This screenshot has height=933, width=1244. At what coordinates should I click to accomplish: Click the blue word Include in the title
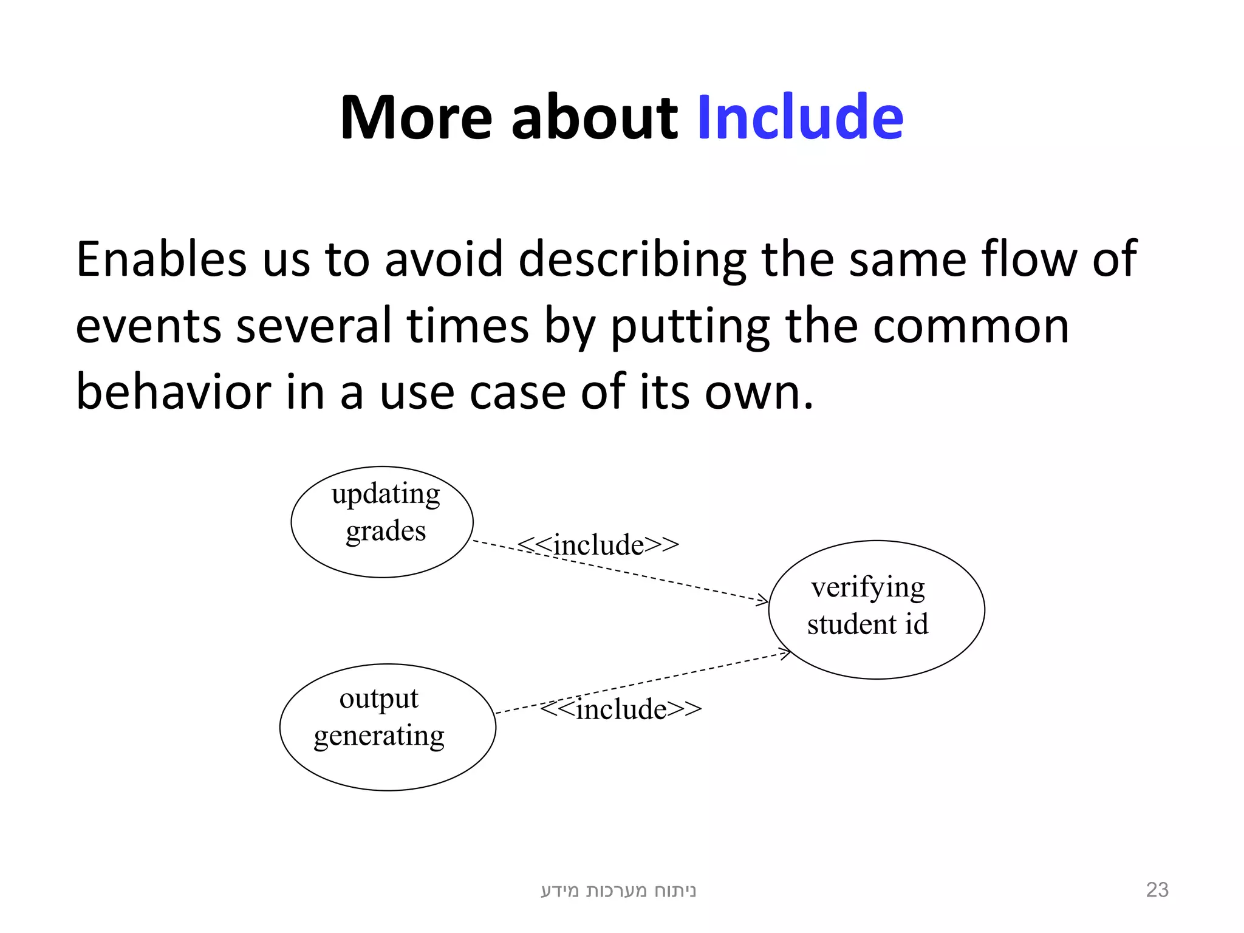pyautogui.click(x=800, y=117)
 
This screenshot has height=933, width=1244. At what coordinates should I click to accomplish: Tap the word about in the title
pyautogui.click(x=593, y=117)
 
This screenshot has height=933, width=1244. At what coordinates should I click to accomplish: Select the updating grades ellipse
pyautogui.click(x=382, y=522)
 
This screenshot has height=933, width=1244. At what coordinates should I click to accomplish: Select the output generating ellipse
pyautogui.click(x=388, y=727)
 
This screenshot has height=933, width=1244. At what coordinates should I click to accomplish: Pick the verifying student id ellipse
pyautogui.click(x=876, y=609)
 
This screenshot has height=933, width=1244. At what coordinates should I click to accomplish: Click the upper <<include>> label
pyautogui.click(x=598, y=544)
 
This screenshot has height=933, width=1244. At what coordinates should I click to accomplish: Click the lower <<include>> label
pyautogui.click(x=621, y=709)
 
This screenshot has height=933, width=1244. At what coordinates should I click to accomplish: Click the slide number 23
pyautogui.click(x=1157, y=890)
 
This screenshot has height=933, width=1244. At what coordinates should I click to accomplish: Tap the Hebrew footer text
pyautogui.click(x=618, y=890)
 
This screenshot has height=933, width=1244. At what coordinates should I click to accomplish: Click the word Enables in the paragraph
pyautogui.click(x=161, y=259)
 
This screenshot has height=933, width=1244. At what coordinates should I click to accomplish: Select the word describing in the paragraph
pyautogui.click(x=632, y=259)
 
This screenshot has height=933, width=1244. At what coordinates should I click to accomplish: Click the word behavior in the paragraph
pyautogui.click(x=173, y=392)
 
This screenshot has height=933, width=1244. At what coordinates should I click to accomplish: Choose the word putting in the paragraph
pyautogui.click(x=689, y=326)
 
